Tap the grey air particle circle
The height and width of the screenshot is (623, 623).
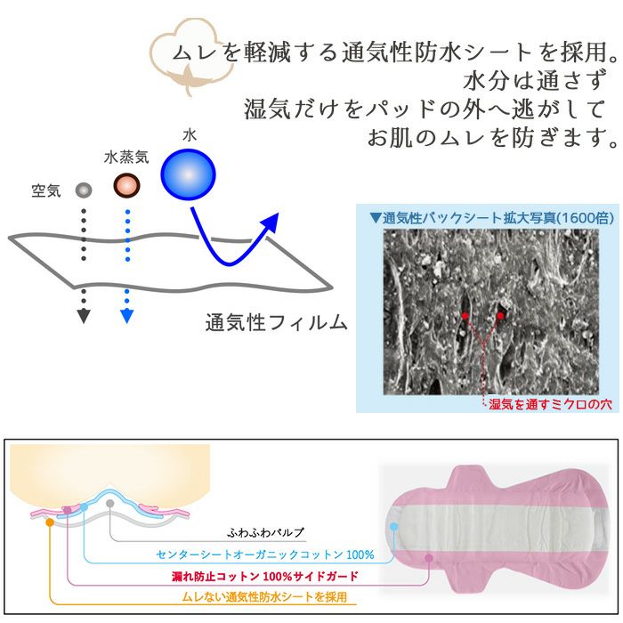tap(84, 190)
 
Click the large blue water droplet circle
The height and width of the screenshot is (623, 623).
tap(190, 173)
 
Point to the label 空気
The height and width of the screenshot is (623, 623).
tap(45, 190)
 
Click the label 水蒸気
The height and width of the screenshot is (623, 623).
tap(125, 158)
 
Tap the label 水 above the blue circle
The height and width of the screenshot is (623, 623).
tap(189, 134)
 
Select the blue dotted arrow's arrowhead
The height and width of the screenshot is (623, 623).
tap(126, 315)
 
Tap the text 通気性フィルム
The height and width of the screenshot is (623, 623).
tap(276, 323)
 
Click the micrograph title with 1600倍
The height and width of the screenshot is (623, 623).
tap(486, 217)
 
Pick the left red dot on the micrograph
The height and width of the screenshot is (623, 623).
tap(464, 316)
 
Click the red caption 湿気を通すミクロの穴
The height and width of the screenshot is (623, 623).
tap(551, 404)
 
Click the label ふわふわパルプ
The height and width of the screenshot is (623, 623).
tap(266, 532)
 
